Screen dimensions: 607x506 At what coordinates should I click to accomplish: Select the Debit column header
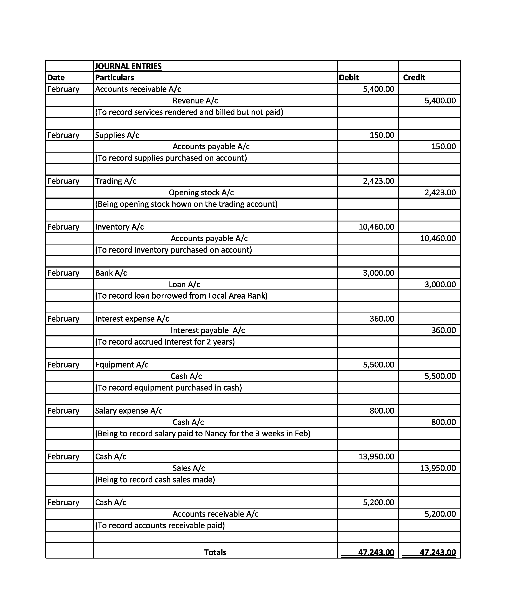[348, 77]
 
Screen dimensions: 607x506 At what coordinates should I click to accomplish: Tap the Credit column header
[414, 77]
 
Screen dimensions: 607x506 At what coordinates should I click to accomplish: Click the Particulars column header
[114, 77]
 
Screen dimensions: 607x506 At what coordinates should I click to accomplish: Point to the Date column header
[56, 77]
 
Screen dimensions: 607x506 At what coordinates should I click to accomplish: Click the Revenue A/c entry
[195, 101]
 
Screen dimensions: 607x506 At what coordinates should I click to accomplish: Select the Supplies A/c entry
[117, 135]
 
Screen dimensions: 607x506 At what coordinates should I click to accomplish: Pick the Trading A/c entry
[116, 181]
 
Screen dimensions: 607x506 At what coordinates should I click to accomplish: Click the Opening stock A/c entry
[201, 193]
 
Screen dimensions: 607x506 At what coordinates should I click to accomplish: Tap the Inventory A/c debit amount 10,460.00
[376, 227]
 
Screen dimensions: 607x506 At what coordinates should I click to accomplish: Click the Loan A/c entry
[184, 284]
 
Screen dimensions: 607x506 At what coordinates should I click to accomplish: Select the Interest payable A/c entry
[207, 330]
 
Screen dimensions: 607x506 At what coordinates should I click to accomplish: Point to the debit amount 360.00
[382, 319]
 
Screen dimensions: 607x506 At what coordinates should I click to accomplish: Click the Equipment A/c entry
[122, 365]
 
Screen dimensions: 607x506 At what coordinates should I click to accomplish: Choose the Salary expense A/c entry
[129, 411]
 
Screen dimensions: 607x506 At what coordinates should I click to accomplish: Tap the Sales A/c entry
[189, 468]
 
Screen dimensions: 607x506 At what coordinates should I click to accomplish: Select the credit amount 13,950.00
[438, 468]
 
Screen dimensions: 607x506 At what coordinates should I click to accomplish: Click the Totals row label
[215, 552]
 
